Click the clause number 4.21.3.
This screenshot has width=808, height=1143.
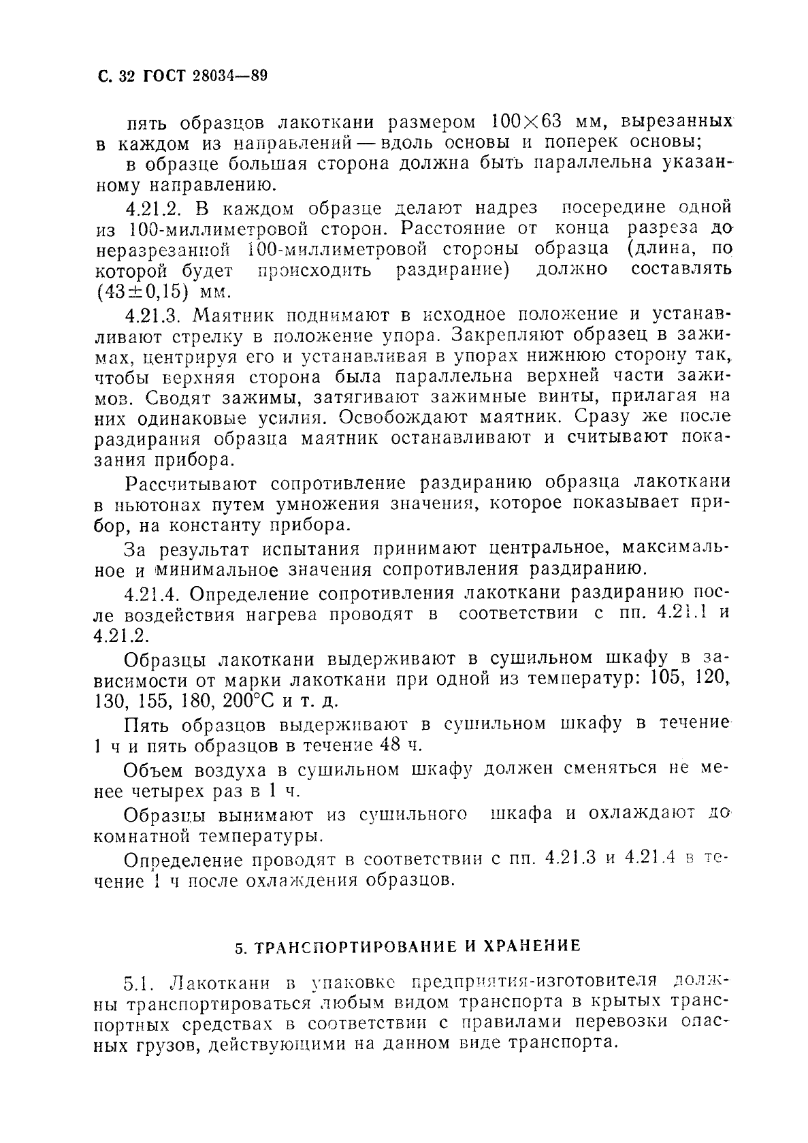point(155,315)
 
